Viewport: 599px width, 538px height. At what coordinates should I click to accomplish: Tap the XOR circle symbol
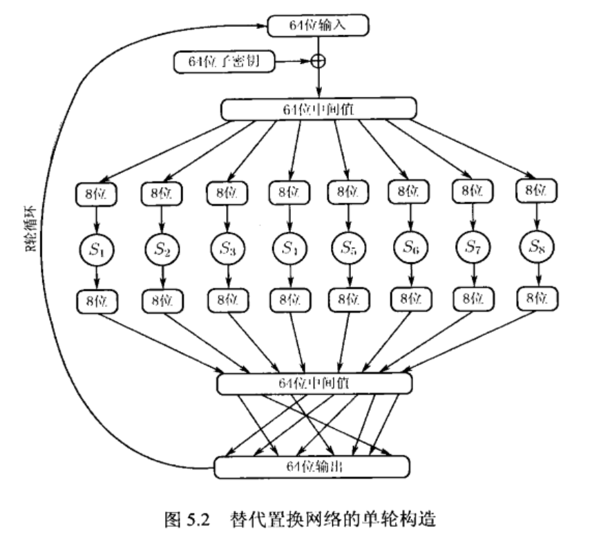pyautogui.click(x=318, y=62)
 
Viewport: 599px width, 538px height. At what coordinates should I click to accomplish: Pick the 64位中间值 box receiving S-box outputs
pyautogui.click(x=314, y=382)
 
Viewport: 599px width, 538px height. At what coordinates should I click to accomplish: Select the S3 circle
pyautogui.click(x=225, y=247)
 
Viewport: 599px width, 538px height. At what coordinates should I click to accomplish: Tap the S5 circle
pyautogui.click(x=345, y=247)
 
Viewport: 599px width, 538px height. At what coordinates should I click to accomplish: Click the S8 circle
pyautogui.click(x=537, y=247)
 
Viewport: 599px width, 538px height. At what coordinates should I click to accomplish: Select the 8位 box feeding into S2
pyautogui.click(x=162, y=193)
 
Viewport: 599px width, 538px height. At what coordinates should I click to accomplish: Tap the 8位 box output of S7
pyautogui.click(x=473, y=299)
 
